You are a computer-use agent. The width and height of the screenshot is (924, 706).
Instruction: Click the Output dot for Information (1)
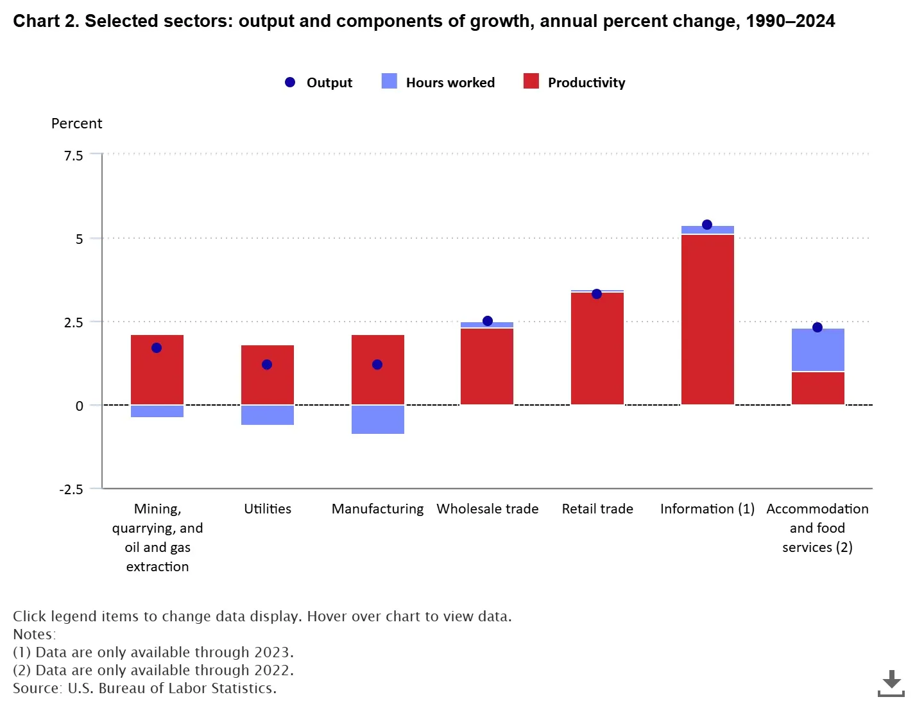pyautogui.click(x=706, y=225)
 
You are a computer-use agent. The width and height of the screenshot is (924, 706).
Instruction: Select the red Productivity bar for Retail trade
pyautogui.click(x=597, y=349)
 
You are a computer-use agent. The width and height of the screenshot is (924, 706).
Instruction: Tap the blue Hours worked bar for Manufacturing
pyautogui.click(x=377, y=419)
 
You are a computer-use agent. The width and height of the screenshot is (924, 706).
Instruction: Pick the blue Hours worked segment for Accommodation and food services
pyautogui.click(x=817, y=349)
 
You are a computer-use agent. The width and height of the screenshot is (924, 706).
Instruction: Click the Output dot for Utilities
pyautogui.click(x=267, y=365)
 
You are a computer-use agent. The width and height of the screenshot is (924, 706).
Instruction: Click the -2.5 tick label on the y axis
pyautogui.click(x=71, y=489)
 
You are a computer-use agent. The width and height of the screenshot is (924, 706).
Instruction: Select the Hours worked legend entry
pyautogui.click(x=438, y=82)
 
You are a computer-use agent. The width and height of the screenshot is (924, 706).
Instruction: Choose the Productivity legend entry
pyautogui.click(x=574, y=82)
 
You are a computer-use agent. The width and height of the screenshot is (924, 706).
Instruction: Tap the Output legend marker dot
pyautogui.click(x=290, y=82)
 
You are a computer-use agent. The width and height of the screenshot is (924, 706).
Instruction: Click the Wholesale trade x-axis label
pyautogui.click(x=488, y=508)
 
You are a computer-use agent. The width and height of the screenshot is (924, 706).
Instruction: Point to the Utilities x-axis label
pyautogui.click(x=268, y=508)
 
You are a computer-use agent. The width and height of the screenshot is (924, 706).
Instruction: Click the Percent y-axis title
pyautogui.click(x=76, y=123)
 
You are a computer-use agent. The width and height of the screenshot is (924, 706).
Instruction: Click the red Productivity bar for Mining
pyautogui.click(x=157, y=370)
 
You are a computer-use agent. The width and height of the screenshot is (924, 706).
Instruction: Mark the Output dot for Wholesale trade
pyautogui.click(x=488, y=321)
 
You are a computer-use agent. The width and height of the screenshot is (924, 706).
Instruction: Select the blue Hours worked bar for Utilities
pyautogui.click(x=268, y=415)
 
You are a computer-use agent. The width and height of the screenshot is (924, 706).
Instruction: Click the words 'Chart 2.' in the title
pyautogui.click(x=46, y=21)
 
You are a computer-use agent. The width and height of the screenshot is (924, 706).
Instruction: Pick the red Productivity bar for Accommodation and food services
pyautogui.click(x=817, y=388)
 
